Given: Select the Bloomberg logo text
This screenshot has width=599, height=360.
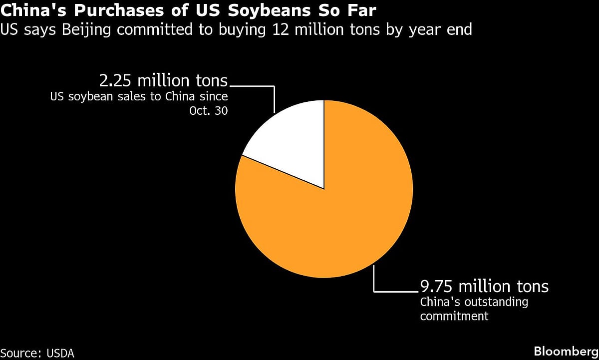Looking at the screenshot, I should pyautogui.click(x=565, y=351).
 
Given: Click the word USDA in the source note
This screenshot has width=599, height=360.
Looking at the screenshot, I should pyautogui.click(x=61, y=353).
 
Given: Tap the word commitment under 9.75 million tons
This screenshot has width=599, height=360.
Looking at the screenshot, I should pyautogui.click(x=454, y=316).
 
